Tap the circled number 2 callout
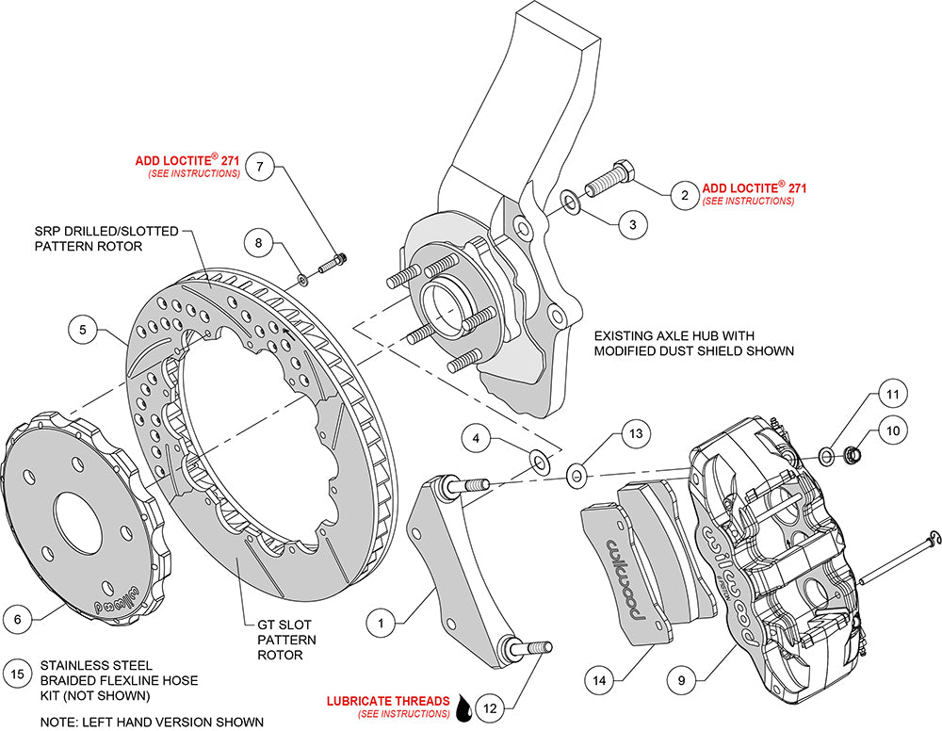[x=683, y=195]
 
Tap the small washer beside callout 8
[x=301, y=278]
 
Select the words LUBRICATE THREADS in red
[x=387, y=701]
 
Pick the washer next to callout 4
[x=540, y=461]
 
